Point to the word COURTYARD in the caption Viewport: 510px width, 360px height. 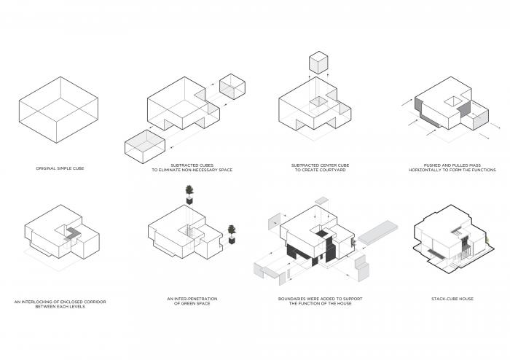329,171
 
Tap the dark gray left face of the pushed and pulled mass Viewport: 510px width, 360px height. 419,114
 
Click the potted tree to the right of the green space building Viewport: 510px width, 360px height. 232,233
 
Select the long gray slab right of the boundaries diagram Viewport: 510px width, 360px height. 380,231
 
